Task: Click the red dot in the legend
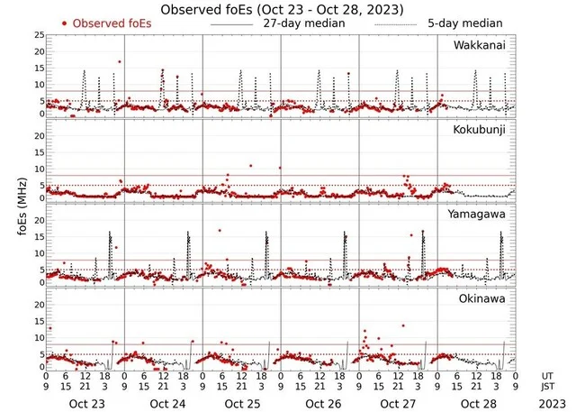(x=65, y=23)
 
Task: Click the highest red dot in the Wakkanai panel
(x=119, y=61)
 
